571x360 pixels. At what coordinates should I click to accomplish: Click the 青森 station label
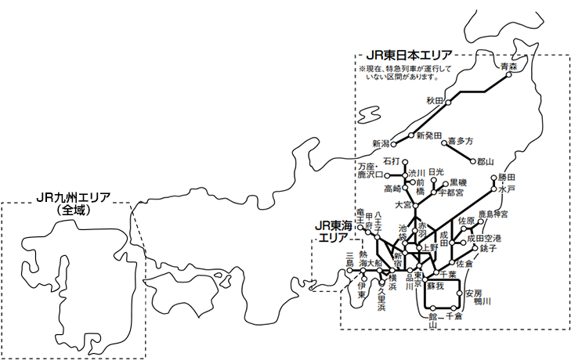[x=509, y=67]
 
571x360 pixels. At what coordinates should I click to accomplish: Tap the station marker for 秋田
[x=448, y=101]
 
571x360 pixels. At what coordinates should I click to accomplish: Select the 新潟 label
[x=381, y=144]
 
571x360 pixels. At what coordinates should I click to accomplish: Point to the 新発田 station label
[x=429, y=135]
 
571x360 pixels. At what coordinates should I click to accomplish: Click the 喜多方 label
[x=461, y=142]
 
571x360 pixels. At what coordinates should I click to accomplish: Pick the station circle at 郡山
[x=473, y=162]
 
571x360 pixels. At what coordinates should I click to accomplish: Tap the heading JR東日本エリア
[x=408, y=56]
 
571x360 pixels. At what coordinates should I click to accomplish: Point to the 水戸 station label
[x=506, y=189]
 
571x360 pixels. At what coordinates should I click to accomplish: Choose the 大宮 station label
[x=403, y=204]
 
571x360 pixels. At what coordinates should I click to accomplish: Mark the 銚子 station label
[x=488, y=248]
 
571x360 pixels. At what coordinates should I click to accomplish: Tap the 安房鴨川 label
[x=477, y=297]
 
